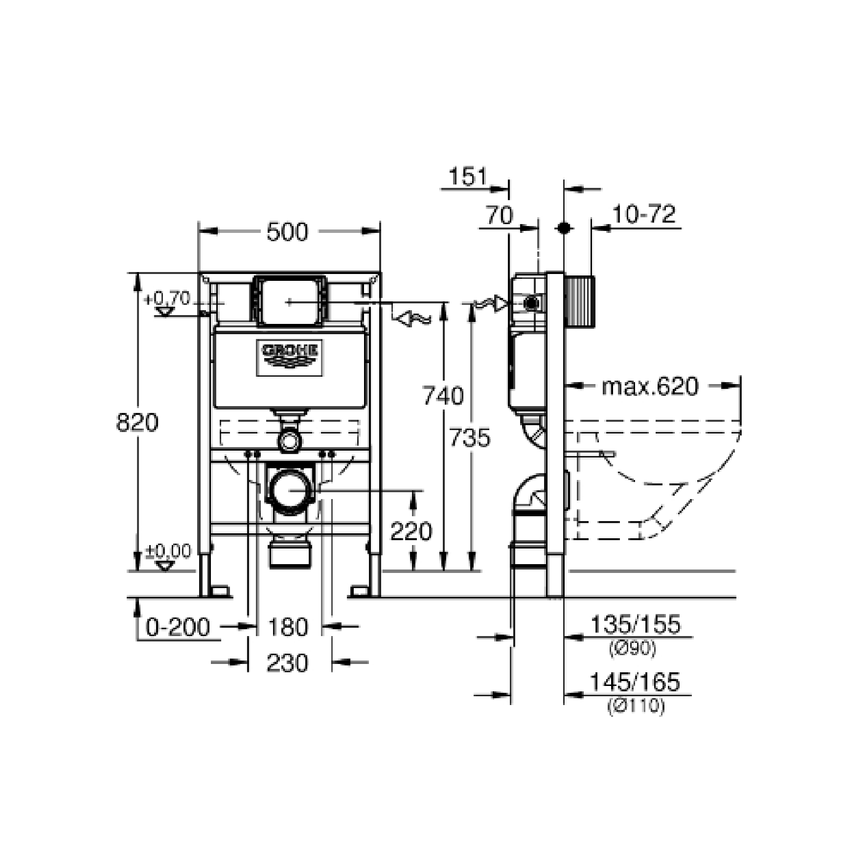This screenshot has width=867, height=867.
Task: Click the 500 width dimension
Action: (287, 232)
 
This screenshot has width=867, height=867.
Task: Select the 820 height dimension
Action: (137, 422)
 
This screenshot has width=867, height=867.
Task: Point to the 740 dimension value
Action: (443, 396)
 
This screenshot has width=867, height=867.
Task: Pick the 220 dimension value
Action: (411, 531)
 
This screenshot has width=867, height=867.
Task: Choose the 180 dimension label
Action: (288, 627)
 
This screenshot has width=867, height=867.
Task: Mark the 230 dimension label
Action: (288, 663)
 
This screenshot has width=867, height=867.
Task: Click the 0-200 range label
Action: (178, 627)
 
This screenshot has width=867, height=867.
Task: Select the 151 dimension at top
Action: (468, 177)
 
